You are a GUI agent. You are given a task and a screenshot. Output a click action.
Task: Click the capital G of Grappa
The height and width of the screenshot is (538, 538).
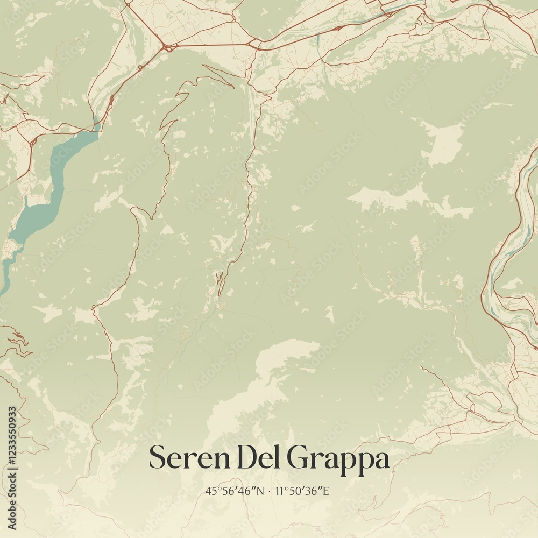298,458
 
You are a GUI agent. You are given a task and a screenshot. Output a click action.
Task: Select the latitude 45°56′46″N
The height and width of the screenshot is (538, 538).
234,491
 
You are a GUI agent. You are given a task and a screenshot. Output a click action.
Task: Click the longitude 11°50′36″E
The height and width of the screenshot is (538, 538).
303,491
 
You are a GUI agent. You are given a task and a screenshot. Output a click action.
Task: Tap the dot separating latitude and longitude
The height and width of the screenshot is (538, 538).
269,491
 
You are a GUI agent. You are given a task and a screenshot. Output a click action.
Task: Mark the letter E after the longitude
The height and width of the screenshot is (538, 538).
329,491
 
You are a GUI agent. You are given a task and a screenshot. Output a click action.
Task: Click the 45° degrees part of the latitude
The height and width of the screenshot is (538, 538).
211,491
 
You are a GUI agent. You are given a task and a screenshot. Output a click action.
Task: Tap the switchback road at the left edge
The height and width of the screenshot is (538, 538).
16,342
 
